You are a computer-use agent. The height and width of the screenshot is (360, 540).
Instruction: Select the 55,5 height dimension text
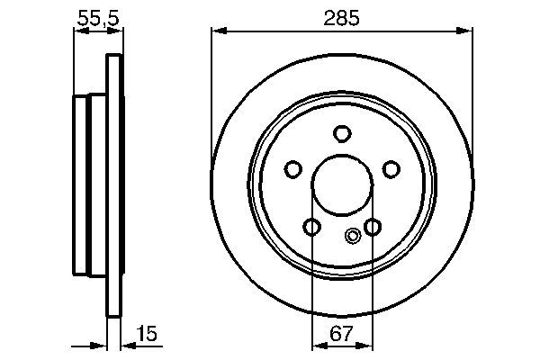pyautogui.click(x=97, y=15)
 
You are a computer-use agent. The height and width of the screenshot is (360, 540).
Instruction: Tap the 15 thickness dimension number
pyautogui.click(x=148, y=335)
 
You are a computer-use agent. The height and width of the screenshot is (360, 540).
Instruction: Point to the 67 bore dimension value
pyautogui.click(x=341, y=335)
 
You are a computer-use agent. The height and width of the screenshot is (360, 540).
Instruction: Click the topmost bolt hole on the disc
pyautogui.click(x=341, y=134)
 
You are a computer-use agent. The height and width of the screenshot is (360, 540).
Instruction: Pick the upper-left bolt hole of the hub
pyautogui.click(x=292, y=168)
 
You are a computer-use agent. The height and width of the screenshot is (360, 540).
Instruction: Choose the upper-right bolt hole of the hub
pyautogui.click(x=391, y=168)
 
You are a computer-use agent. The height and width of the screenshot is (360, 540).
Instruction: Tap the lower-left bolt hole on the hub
pyautogui.click(x=311, y=226)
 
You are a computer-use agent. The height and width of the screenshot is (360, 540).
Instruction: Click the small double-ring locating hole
pyautogui.click(x=353, y=237)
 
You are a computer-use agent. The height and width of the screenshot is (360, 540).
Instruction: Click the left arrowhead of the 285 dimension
pyautogui.click(x=217, y=31)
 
